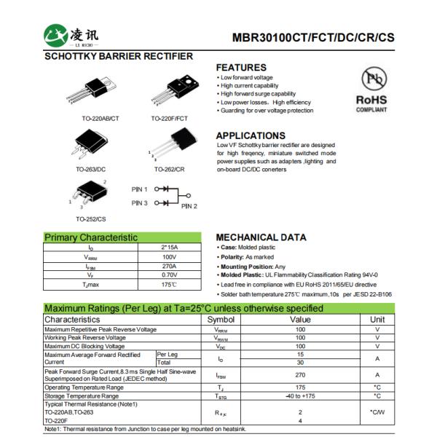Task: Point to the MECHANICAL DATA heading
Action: point(261,237)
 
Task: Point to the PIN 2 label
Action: point(189,206)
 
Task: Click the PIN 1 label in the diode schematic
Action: point(140,189)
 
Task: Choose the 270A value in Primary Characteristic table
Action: point(169,267)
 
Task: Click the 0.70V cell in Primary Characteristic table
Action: point(169,275)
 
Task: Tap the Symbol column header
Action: point(221,320)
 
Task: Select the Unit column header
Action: point(377,320)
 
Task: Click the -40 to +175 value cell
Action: point(300,395)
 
